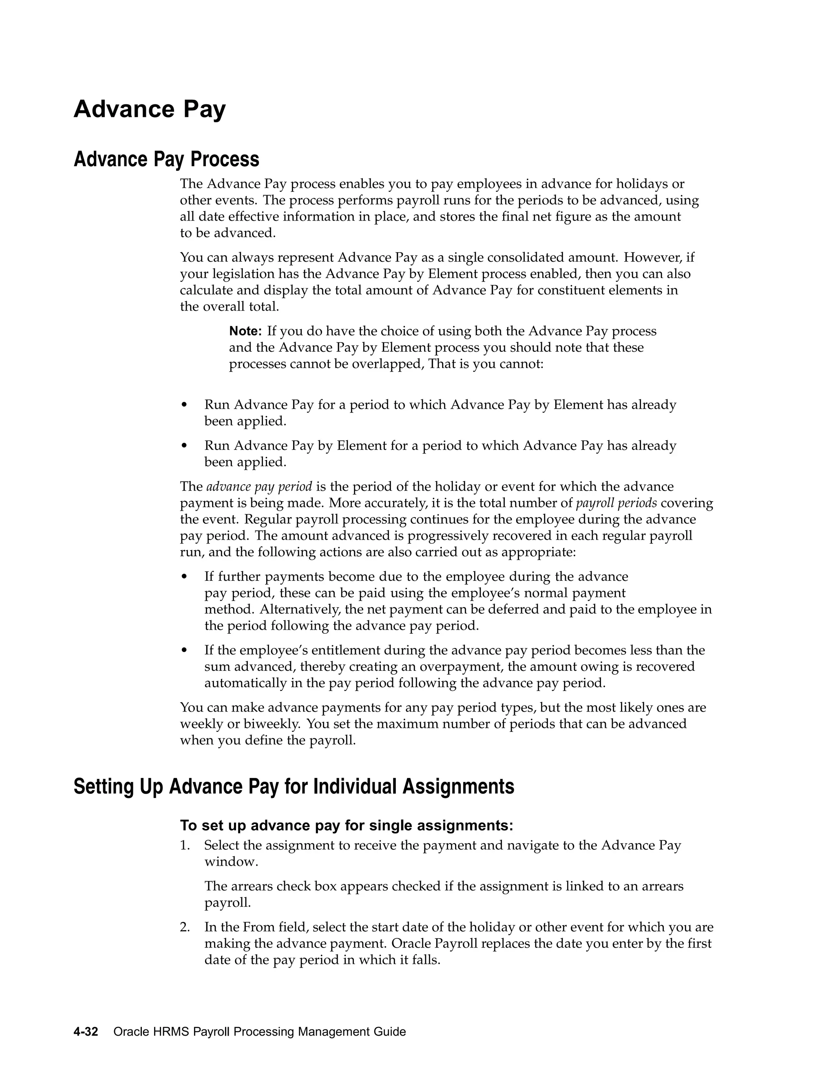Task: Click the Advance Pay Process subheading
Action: [x=166, y=159]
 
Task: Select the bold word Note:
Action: [x=245, y=331]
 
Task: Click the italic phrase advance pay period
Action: [x=259, y=487]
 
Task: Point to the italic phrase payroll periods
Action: [x=616, y=503]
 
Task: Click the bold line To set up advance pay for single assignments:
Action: [x=346, y=825]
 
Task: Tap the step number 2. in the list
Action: [x=185, y=927]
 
